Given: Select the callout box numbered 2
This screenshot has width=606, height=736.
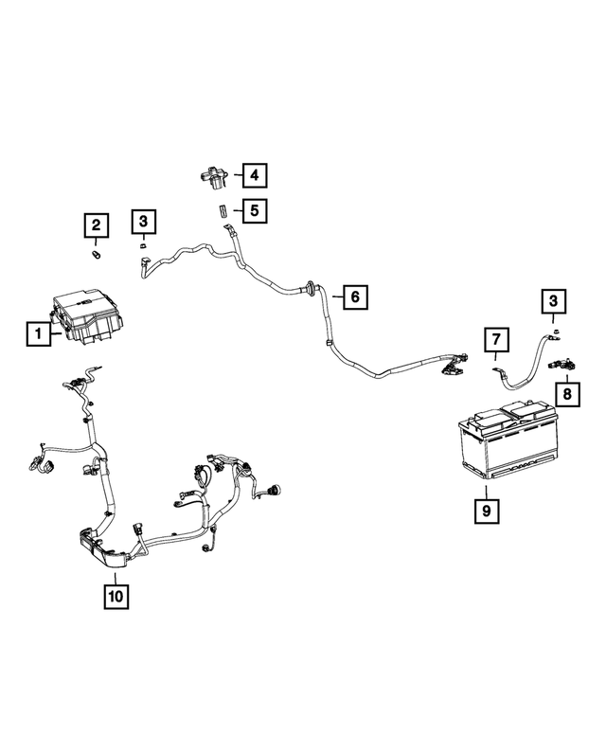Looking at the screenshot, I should click(x=96, y=224).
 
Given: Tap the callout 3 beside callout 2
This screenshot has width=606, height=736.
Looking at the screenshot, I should click(x=142, y=223).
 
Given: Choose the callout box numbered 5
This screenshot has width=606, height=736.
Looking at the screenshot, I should click(x=253, y=208).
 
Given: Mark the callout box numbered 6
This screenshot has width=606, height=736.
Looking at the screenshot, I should click(x=354, y=297).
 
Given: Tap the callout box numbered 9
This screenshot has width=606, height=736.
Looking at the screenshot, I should click(x=484, y=512).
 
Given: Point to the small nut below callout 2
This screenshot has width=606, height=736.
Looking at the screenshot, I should click(x=96, y=254).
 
